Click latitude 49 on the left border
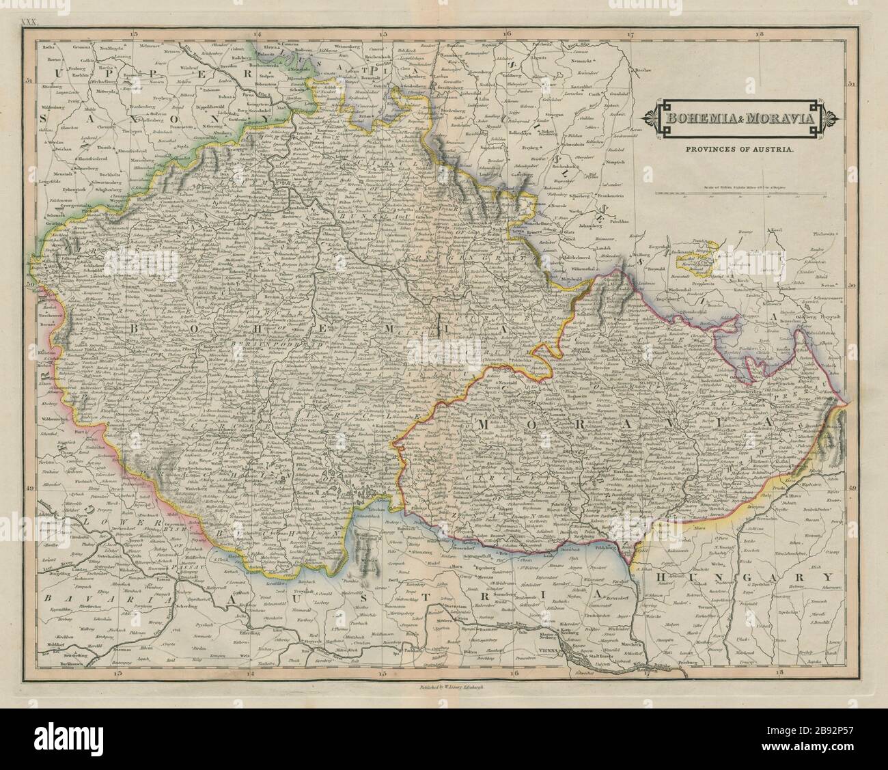pyautogui.click(x=29, y=488)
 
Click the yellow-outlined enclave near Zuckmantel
pyautogui.click(x=697, y=258)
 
